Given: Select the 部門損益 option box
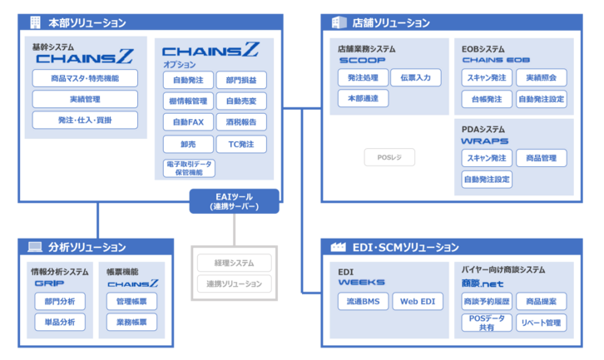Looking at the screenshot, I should click(x=241, y=81).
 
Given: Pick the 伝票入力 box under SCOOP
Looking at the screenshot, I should click(x=411, y=77).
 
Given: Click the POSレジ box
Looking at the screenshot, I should click(x=389, y=157).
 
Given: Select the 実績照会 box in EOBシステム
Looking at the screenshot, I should click(x=541, y=77).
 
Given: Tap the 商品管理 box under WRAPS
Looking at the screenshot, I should click(x=541, y=158).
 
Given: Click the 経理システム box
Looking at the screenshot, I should click(x=234, y=263).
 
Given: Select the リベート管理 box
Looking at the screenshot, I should click(x=541, y=323).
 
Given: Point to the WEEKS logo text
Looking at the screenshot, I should click(x=361, y=283).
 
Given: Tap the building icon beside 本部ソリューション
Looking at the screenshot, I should click(x=34, y=22).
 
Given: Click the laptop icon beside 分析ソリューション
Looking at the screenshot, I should click(x=34, y=247).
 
